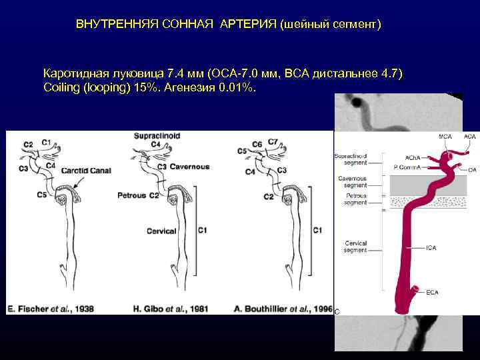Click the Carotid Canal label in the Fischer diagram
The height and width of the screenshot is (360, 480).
point(86,171)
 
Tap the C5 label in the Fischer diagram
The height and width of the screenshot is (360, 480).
point(42,195)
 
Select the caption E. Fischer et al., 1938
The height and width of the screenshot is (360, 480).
point(51,309)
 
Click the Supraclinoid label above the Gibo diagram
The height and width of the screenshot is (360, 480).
point(157,135)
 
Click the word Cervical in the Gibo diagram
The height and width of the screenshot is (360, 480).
point(162,231)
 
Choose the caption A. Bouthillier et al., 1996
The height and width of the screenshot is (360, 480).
point(283,309)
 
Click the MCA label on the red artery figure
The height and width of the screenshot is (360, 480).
point(445,137)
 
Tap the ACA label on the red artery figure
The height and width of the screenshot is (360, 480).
point(471,137)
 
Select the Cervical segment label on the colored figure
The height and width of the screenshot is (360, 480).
point(355,247)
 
